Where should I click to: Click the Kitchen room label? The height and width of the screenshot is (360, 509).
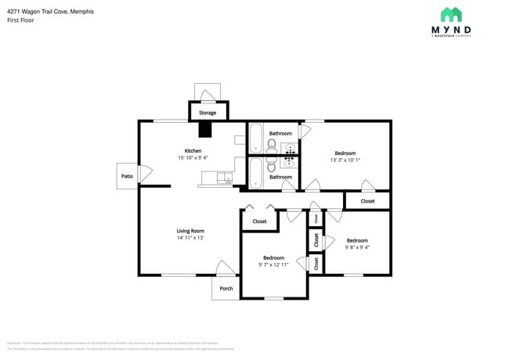[193, 150]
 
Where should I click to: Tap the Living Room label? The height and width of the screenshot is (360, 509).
[190, 230]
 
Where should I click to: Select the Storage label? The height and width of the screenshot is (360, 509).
[208, 113]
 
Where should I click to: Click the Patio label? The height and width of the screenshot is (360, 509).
[127, 176]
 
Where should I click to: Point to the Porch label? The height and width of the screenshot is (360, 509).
[226, 288]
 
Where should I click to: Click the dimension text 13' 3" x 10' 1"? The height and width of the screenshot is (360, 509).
[345, 160]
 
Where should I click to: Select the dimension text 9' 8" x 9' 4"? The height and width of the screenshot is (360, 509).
[357, 247]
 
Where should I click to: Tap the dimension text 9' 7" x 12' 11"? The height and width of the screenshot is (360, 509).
[273, 265]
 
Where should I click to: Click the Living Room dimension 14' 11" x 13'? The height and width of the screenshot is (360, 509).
[190, 237]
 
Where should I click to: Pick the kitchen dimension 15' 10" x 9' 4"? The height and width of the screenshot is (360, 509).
[193, 157]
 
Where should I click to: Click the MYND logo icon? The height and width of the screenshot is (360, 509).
[451, 15]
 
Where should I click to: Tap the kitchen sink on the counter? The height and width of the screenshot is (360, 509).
[223, 179]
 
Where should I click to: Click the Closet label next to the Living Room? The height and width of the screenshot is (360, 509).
[259, 221]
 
